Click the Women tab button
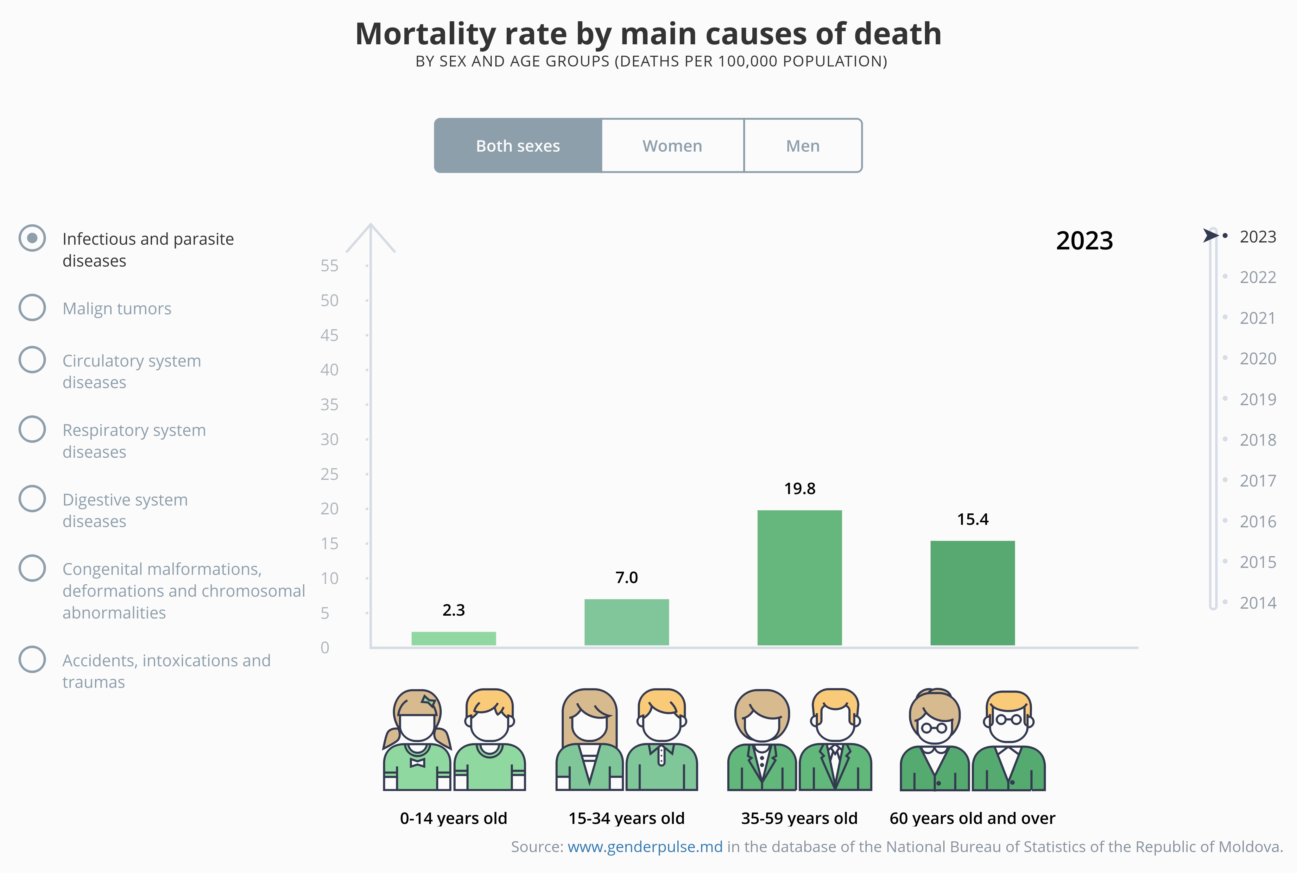pyautogui.click(x=672, y=146)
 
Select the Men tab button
pyautogui.click(x=802, y=146)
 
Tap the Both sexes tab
pyautogui.click(x=518, y=146)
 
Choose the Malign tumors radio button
pyautogui.click(x=32, y=307)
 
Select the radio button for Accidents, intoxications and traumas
pyautogui.click(x=32, y=659)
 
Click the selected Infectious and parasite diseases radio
pyautogui.click(x=32, y=238)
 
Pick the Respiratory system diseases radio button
pyautogui.click(x=32, y=429)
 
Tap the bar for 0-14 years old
pyautogui.click(x=453, y=638)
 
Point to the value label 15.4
pyautogui.click(x=972, y=519)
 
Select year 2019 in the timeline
pyautogui.click(x=1257, y=399)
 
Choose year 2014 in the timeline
pyautogui.click(x=1257, y=602)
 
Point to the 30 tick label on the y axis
pyautogui.click(x=329, y=439)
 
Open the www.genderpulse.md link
pyautogui.click(x=645, y=847)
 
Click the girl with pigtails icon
pyautogui.click(x=417, y=740)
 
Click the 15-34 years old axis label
pyautogui.click(x=627, y=819)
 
